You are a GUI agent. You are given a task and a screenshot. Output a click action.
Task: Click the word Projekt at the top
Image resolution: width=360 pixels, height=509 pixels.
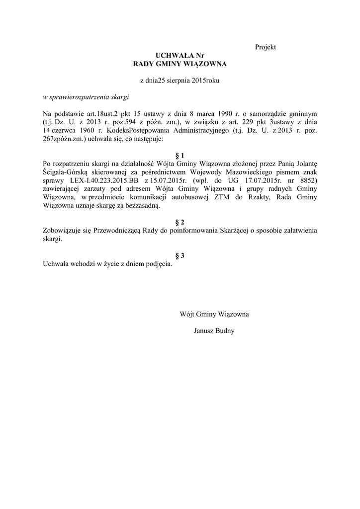click(x=265, y=47)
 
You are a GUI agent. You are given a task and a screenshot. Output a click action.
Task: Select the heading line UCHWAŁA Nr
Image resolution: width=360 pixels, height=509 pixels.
click(x=180, y=56)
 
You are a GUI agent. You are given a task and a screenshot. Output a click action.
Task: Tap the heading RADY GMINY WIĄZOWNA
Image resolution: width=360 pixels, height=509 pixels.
click(x=180, y=64)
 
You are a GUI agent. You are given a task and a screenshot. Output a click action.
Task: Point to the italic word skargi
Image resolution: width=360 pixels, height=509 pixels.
click(x=117, y=96)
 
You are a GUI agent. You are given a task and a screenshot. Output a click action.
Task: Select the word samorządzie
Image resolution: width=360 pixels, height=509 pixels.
click(x=276, y=114)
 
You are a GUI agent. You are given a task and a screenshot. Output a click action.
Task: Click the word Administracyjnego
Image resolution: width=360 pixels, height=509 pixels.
click(x=191, y=131)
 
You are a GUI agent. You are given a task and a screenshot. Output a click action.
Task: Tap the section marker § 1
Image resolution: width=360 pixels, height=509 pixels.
click(x=180, y=156)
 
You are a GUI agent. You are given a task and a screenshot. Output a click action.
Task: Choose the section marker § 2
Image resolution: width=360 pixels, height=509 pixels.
click(x=180, y=222)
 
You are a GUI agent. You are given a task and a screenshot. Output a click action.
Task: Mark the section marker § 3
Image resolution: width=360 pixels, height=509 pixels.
click(x=180, y=255)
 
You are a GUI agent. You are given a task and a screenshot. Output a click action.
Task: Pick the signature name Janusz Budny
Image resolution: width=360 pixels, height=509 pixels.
click(x=214, y=331)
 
